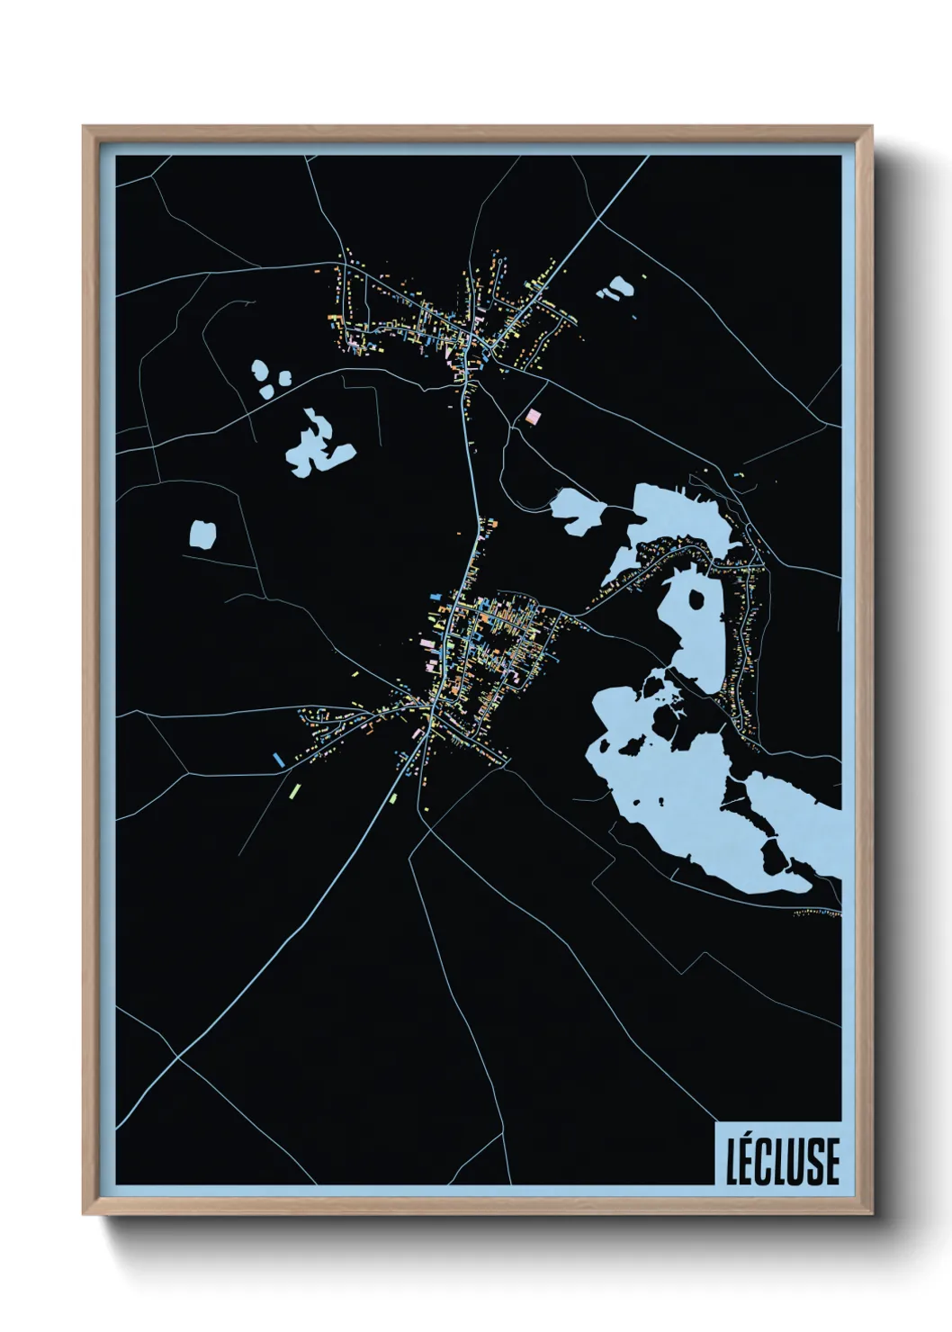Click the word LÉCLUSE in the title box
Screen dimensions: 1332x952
pos(782,1160)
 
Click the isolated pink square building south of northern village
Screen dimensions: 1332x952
pos(534,416)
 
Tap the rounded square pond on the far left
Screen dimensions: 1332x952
pos(202,534)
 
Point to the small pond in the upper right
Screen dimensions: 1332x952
pos(616,288)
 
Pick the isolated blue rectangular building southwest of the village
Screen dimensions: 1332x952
pos(279,759)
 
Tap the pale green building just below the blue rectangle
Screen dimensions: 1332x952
pos(293,791)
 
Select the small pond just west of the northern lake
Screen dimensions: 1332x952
pos(578,510)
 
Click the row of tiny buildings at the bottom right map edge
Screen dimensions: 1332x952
pos(817,913)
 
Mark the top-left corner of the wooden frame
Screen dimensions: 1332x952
pos(85,128)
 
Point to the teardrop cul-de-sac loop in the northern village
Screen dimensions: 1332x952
pos(351,334)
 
